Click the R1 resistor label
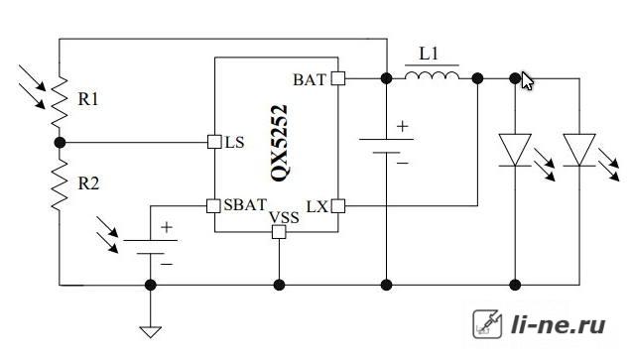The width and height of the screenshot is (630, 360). tap(88, 99)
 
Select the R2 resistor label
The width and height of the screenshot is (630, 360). tap(88, 183)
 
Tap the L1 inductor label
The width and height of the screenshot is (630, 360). tap(429, 54)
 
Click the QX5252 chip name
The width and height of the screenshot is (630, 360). tap(279, 143)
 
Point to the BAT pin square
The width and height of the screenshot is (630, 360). tap(338, 78)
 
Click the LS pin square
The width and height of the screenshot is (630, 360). tap(214, 142)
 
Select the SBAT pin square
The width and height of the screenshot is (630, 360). tap(213, 206)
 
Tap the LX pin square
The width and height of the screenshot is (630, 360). tap(338, 206)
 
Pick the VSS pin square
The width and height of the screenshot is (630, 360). tap(279, 232)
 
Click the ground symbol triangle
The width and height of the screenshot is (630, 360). tap(151, 331)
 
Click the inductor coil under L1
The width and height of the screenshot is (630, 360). tap(432, 75)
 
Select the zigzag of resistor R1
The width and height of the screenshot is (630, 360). tap(60, 101)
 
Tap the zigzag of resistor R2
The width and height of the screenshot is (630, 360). tap(60, 183)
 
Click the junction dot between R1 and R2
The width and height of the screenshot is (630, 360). tap(60, 142)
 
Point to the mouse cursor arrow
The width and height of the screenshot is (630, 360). tap(527, 80)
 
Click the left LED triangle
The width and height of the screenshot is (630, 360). tap(515, 150)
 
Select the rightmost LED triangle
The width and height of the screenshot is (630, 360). tap(579, 150)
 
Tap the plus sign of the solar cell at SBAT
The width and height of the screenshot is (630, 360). tap(167, 227)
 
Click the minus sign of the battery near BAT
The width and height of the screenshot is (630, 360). tap(403, 163)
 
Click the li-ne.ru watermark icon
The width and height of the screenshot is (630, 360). tap(487, 324)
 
